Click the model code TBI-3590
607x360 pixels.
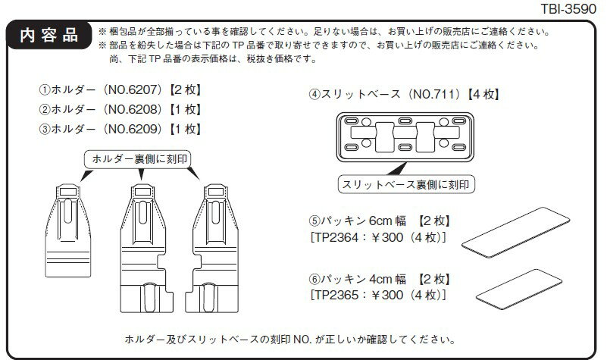pyautogui.click(x=568, y=8)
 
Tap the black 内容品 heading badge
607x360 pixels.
pyautogui.click(x=49, y=35)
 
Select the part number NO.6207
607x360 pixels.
pyautogui.click(x=133, y=89)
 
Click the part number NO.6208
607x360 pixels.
pyautogui.click(x=133, y=110)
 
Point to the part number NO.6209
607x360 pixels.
pyautogui.click(x=133, y=129)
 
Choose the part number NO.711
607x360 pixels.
pyautogui.click(x=436, y=94)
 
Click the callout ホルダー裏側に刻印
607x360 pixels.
pyautogui.click(x=137, y=159)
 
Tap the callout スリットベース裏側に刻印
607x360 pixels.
pyautogui.click(x=406, y=184)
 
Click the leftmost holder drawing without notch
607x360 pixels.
pyautogui.click(x=68, y=230)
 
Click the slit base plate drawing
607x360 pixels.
pyautogui.click(x=405, y=137)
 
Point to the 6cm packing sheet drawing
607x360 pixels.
pyautogui.click(x=515, y=232)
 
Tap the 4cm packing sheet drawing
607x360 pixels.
pyautogui.click(x=519, y=290)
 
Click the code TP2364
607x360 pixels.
pyautogui.click(x=336, y=237)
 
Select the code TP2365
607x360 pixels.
pyautogui.click(x=336, y=296)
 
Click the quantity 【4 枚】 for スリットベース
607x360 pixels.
pyautogui.click(x=483, y=94)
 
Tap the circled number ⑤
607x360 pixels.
pyautogui.click(x=314, y=221)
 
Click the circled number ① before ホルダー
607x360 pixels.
pyautogui.click(x=45, y=90)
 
